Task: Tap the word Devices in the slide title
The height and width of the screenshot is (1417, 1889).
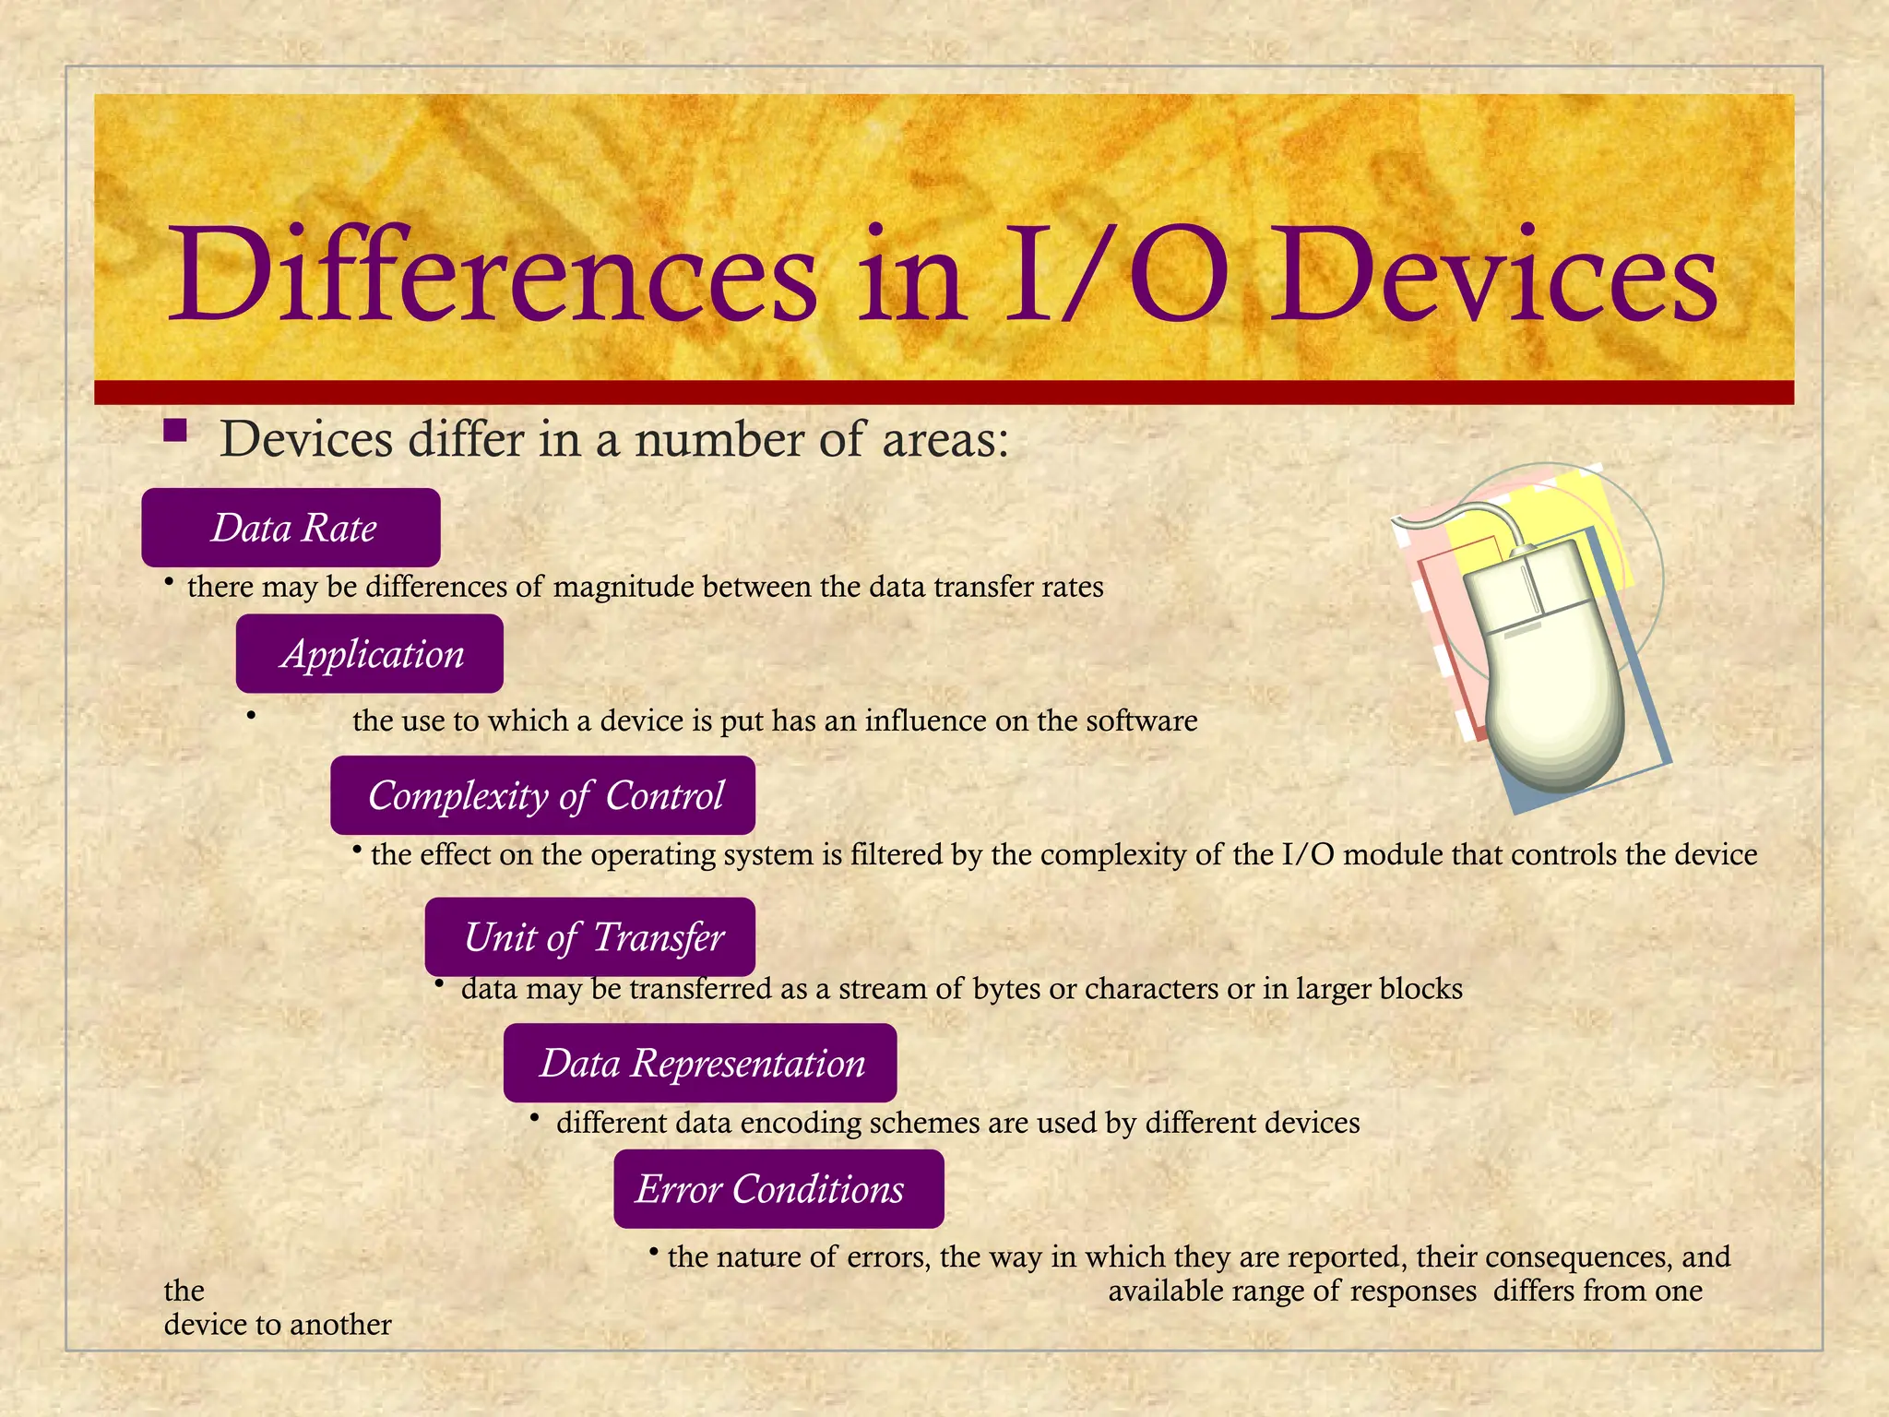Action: coord(1495,277)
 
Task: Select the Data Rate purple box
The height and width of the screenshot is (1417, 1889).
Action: coord(291,528)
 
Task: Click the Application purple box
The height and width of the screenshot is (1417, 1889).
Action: coord(370,654)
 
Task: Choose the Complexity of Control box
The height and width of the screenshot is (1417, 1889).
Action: coord(543,795)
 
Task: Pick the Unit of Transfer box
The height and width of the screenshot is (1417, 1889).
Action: coord(590,937)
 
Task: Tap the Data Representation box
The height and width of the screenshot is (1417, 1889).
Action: coord(700,1063)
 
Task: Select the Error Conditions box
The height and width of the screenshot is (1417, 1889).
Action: coord(778,1189)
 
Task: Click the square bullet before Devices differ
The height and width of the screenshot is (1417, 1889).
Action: coord(175,431)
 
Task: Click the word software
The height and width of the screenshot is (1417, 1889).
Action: coord(1141,720)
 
